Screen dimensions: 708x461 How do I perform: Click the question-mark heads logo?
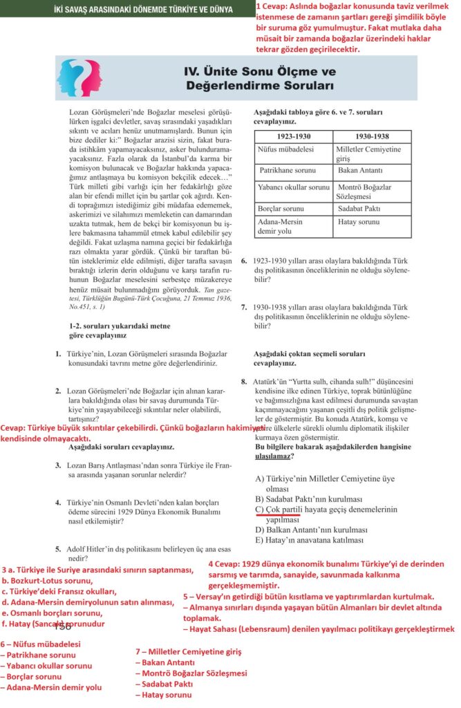81,78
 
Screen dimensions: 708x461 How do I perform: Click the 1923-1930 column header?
293,136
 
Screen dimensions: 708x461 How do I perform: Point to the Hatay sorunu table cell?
359,222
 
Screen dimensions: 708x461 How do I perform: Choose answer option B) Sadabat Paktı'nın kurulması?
308,499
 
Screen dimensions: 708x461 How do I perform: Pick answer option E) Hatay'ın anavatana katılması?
310,540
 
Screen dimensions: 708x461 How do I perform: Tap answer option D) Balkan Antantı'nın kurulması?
310,530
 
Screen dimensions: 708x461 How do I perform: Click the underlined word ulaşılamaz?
274,456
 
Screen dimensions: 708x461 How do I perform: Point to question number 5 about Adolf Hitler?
59,549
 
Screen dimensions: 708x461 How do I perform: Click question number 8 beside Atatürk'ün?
244,381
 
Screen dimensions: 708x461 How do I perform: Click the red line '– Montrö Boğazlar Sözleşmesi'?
191,673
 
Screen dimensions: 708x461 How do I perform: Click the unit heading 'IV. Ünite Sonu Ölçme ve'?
259,72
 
